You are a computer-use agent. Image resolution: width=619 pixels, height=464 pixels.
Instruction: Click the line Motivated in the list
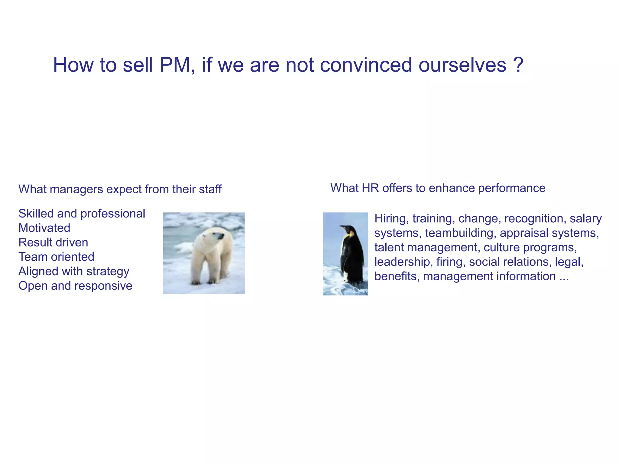pyautogui.click(x=44, y=228)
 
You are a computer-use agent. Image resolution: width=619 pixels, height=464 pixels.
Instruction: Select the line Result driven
pyautogui.click(x=53, y=243)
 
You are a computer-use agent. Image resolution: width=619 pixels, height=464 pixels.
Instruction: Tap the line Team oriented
pyautogui.click(x=56, y=257)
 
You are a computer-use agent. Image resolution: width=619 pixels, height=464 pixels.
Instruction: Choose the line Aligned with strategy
pyautogui.click(x=74, y=272)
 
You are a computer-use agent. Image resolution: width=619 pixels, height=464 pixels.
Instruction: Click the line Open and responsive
pyautogui.click(x=75, y=286)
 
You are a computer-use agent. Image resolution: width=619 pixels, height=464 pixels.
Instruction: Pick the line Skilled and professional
pyautogui.click(x=82, y=214)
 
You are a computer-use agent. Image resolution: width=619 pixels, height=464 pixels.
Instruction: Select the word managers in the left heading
pyautogui.click(x=76, y=189)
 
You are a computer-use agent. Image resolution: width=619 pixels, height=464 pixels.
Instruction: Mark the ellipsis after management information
pyautogui.click(x=564, y=277)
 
